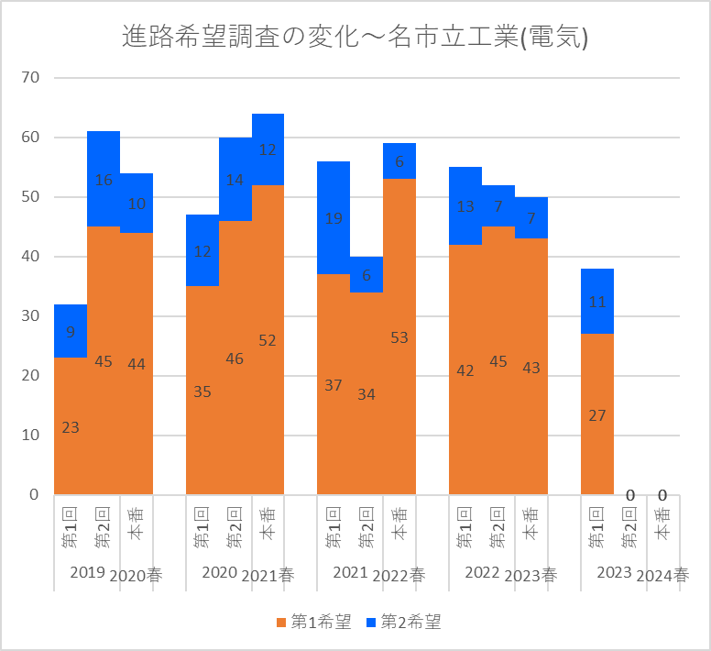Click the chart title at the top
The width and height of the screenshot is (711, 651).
click(355, 37)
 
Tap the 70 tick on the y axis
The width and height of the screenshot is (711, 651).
click(30, 78)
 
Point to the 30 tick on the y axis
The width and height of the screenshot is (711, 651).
click(30, 315)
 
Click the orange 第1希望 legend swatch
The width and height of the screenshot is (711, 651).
click(281, 623)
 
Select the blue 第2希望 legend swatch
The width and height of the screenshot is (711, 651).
click(371, 623)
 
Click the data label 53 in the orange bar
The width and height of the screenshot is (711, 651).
click(399, 337)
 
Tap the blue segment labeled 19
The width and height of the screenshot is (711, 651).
click(334, 217)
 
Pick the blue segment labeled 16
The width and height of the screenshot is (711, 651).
click(104, 179)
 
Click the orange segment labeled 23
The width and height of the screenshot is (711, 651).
click(71, 426)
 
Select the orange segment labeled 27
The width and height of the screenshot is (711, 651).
click(597, 414)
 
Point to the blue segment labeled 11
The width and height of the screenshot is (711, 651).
click(597, 302)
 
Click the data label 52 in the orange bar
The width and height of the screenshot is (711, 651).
click(268, 340)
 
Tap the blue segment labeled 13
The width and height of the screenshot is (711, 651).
click(465, 206)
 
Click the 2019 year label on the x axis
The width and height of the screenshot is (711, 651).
click(88, 572)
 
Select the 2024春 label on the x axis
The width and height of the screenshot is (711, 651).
click(662, 576)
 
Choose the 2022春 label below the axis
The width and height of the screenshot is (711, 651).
click(399, 576)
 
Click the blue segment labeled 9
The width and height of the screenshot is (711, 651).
click(71, 331)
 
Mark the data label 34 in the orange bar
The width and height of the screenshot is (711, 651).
click(366, 394)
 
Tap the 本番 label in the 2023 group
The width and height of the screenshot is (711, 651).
click(663, 524)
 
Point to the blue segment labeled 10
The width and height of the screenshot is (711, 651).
click(137, 204)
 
